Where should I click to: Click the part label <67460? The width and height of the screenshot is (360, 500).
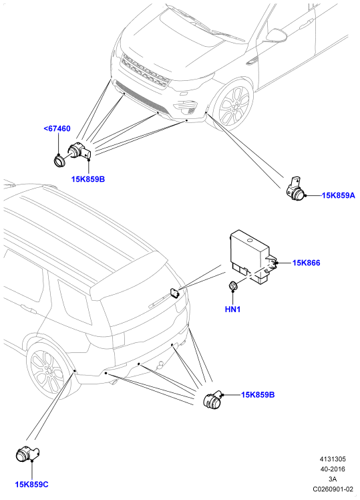57,129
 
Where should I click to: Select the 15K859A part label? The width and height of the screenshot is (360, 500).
339,195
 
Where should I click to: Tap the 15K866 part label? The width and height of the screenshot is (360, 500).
307,263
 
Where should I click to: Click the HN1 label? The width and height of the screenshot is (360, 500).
232,309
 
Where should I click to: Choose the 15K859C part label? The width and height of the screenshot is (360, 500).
32,485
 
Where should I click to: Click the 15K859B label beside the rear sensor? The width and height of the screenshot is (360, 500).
258,395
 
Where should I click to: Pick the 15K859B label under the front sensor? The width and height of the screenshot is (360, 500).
88,179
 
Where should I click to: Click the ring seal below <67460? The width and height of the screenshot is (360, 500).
59,160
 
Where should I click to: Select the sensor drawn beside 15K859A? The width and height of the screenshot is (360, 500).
295,189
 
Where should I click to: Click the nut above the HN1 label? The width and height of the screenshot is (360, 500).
233,286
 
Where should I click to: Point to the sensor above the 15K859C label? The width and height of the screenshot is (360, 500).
27,453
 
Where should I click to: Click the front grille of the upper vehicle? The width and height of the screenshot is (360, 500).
146,71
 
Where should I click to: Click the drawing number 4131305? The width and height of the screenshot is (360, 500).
333,459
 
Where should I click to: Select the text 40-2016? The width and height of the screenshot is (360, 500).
333,469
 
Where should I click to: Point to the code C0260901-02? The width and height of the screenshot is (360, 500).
333,489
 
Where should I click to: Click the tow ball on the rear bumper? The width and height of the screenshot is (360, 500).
160,364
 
